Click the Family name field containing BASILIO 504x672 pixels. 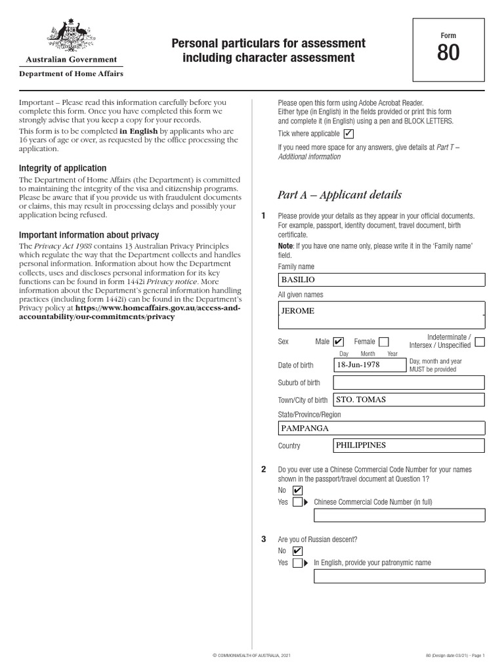(381, 280)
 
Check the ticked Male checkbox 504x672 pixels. (338, 342)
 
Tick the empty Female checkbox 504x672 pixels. (384, 342)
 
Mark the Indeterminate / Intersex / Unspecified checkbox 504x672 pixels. (480, 342)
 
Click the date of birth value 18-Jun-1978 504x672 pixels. (369, 365)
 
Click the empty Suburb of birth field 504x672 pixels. (409, 383)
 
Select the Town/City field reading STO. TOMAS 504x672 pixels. (409, 400)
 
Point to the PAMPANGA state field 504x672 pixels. (381, 428)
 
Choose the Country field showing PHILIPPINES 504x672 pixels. (409, 446)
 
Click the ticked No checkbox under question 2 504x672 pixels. (297, 490)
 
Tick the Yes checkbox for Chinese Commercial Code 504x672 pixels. (297, 502)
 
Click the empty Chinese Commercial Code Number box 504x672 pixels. (400, 514)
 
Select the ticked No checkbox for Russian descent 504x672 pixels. (297, 551)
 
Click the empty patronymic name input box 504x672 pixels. (400, 576)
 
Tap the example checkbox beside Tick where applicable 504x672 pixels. (348, 134)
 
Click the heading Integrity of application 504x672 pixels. (62, 169)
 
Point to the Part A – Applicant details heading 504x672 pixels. (339, 195)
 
